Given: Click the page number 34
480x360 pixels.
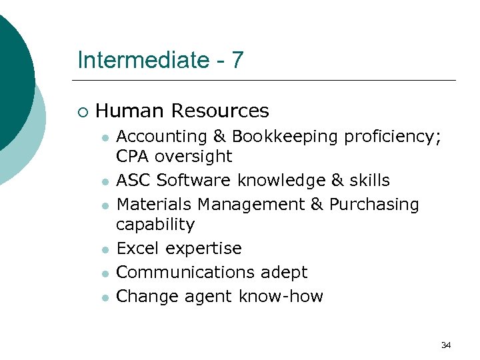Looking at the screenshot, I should click(446, 345).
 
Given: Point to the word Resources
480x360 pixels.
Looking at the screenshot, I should click(220, 111).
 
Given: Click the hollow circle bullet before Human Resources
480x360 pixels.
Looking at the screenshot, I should click(82, 111).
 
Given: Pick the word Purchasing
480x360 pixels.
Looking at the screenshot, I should click(374, 205).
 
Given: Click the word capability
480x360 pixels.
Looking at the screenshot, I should click(155, 225).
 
